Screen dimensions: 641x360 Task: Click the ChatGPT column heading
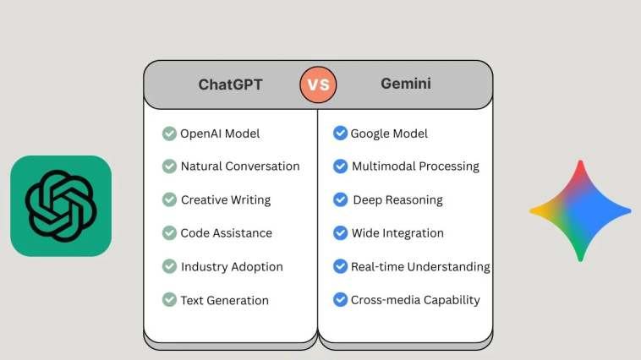[230, 85]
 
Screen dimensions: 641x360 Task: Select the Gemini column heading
[406, 84]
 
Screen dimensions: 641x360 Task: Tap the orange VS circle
[318, 85]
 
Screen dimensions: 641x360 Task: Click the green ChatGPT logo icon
[61, 206]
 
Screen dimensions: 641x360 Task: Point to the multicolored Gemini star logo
[580, 211]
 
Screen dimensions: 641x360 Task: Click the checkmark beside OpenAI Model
[169, 134]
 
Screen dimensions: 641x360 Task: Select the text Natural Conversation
[240, 166]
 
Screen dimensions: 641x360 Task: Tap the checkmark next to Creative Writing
[169, 199]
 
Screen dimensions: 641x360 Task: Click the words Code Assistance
[226, 233]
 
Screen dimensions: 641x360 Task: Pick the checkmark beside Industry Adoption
[169, 266]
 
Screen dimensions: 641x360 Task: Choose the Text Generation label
[224, 300]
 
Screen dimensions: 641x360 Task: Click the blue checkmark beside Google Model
[340, 134]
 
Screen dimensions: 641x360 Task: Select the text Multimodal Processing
[415, 166]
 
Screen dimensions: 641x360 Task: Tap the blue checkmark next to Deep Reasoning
[340, 199]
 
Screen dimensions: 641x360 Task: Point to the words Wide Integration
[397, 233]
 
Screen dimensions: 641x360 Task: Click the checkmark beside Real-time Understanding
[340, 266]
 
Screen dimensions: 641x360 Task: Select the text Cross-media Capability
[415, 300]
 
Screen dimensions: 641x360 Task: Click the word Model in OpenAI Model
[242, 134]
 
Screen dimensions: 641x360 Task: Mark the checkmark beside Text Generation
[169, 299]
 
